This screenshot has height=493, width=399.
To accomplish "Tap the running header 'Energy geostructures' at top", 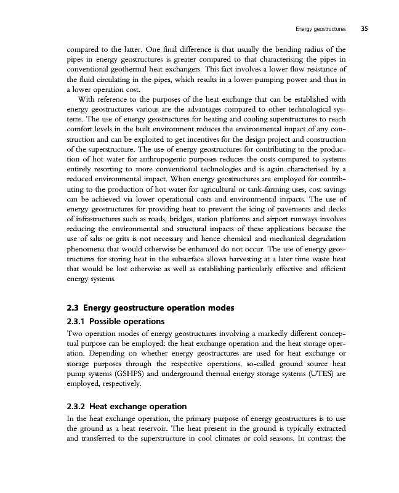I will (315, 28).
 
